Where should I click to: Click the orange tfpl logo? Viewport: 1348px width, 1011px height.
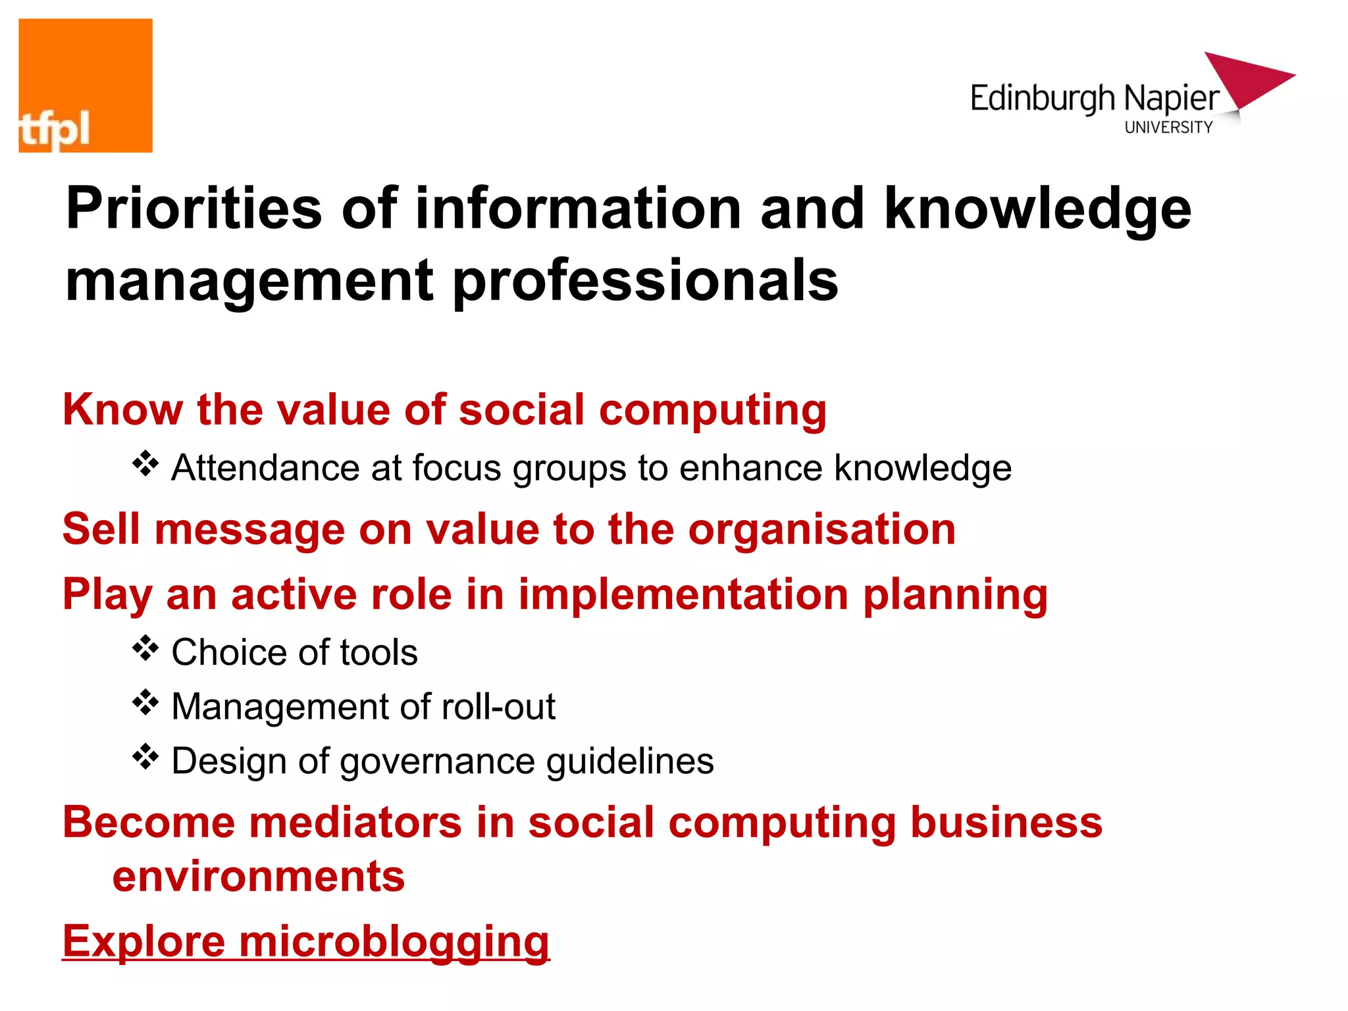coord(86,86)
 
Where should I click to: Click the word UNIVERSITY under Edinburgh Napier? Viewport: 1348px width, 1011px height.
coord(1168,128)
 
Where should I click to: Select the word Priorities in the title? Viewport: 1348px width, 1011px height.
coord(194,209)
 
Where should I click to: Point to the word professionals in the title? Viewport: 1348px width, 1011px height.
coord(645,282)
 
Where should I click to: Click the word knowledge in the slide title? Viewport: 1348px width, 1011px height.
coord(1037,209)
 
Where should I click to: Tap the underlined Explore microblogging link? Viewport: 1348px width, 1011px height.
coord(306,941)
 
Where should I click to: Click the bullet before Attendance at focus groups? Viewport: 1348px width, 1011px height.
coord(145,464)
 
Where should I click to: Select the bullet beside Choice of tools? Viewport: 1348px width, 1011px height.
coord(145,649)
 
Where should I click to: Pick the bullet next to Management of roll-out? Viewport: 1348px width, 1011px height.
coord(145,703)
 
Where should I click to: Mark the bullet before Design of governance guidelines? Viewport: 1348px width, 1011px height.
coord(145,758)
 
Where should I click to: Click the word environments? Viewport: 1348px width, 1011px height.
coord(259,877)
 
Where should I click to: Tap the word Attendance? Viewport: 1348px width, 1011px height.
coord(265,468)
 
